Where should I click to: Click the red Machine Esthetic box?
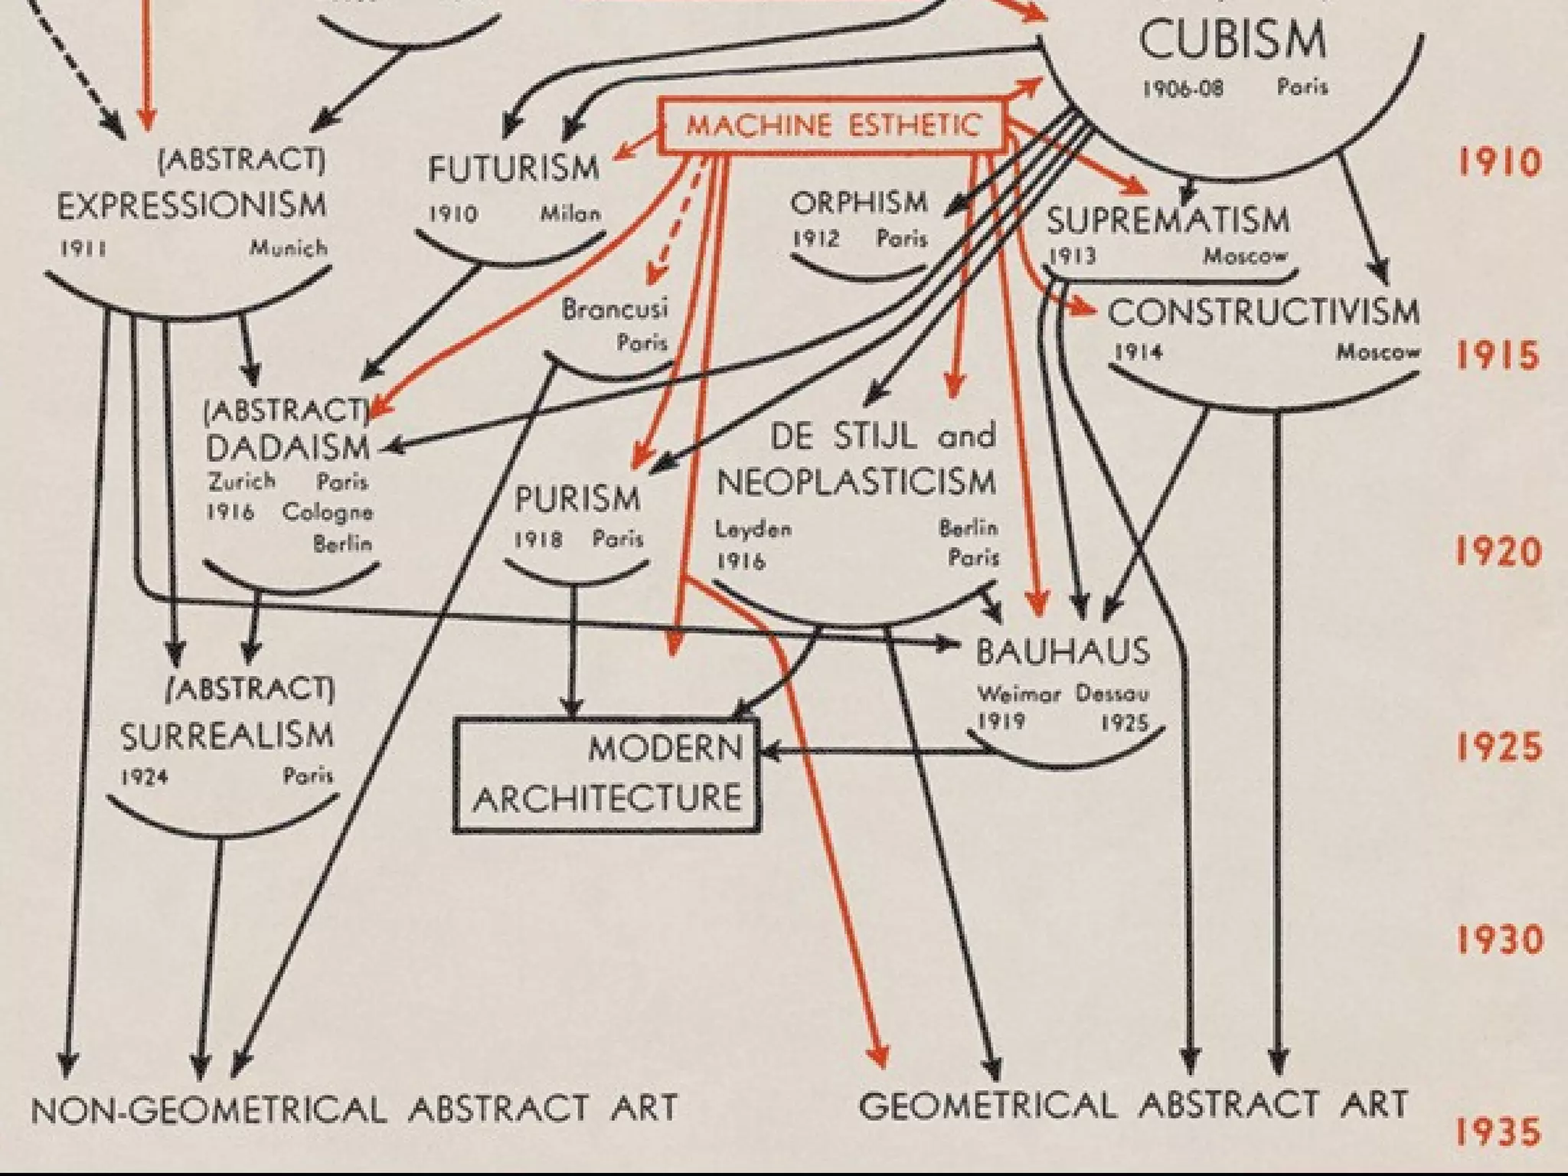pos(832,126)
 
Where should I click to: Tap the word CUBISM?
pos(1231,40)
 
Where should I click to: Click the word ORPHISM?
pos(859,204)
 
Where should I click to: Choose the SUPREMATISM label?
pos(1168,220)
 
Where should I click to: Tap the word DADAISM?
pos(288,448)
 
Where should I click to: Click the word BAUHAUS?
pos(1063,652)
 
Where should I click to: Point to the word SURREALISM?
pos(227,737)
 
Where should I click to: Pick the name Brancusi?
pos(614,309)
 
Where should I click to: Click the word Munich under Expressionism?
pos(288,248)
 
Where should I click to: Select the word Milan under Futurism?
pos(570,214)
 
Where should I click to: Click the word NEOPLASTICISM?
pos(856,483)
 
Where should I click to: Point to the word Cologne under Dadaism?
pos(327,511)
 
